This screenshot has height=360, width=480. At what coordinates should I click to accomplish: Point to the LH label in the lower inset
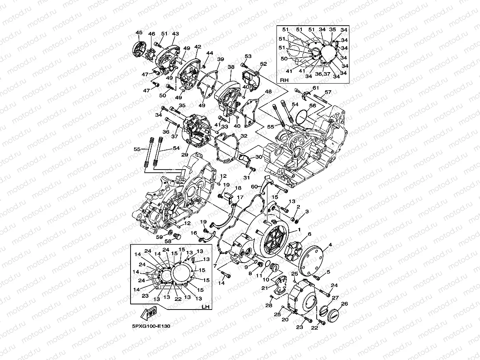pyautogui.click(x=205, y=306)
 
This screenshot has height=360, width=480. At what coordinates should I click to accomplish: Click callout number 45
pyautogui.click(x=138, y=33)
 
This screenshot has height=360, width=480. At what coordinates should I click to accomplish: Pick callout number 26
pyautogui.click(x=344, y=304)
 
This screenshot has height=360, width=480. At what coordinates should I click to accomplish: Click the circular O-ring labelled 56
pyautogui.click(x=301, y=116)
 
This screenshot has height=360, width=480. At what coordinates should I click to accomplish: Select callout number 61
pyautogui.click(x=316, y=88)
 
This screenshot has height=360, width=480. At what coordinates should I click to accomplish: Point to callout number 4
pyautogui.click(x=330, y=245)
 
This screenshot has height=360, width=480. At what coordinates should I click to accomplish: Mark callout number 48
pyautogui.click(x=268, y=91)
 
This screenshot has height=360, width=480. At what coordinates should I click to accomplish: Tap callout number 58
pyautogui.click(x=167, y=241)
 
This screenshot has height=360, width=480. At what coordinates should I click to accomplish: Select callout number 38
pyautogui.click(x=231, y=67)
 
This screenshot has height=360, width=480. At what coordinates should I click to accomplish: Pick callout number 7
pyautogui.click(x=215, y=266)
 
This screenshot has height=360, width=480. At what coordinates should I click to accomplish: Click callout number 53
pyautogui.click(x=248, y=56)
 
